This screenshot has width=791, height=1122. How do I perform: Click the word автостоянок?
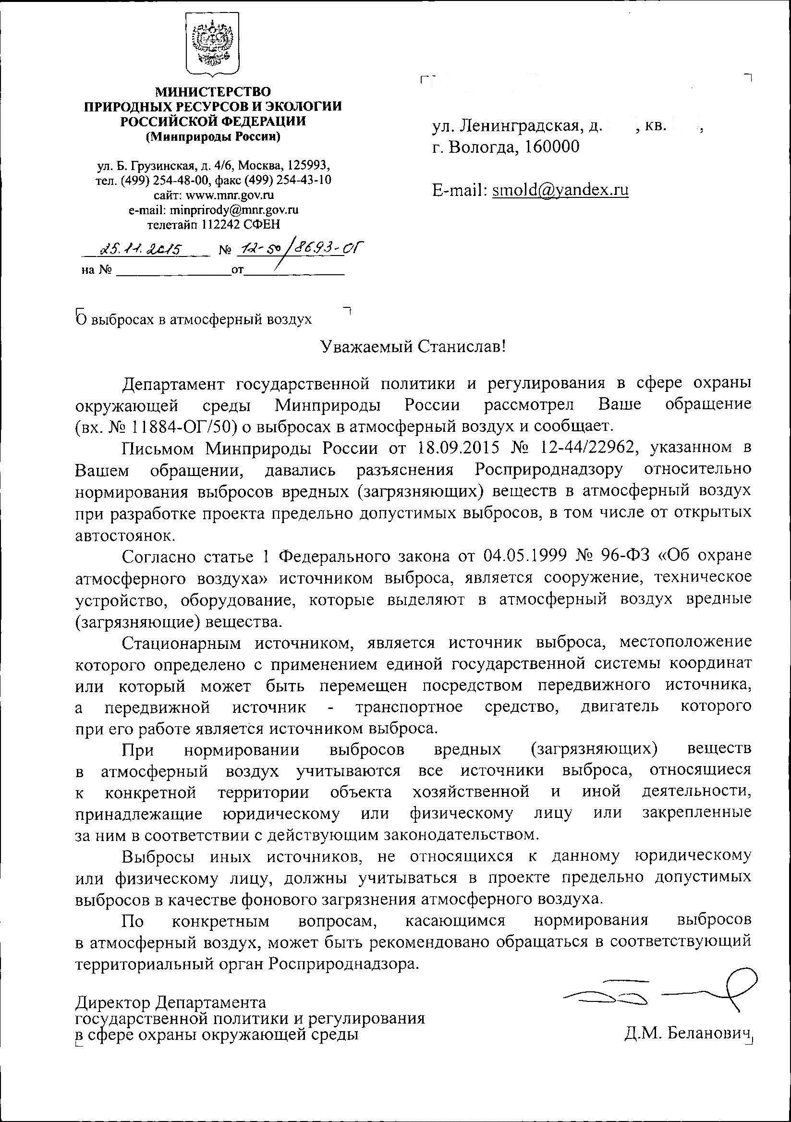click(x=124, y=535)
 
